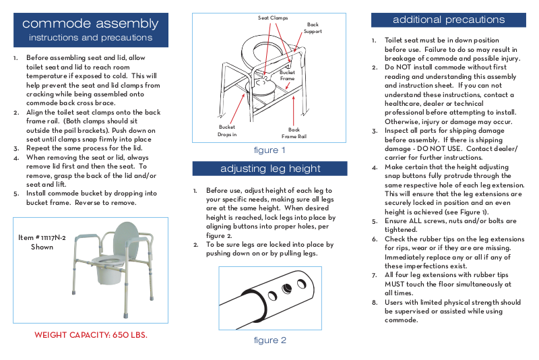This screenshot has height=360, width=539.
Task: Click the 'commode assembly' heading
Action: [90, 24]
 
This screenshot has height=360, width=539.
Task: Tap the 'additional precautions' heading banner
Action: [448, 20]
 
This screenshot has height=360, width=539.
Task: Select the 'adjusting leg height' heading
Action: [270, 169]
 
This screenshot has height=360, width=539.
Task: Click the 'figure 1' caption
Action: [269, 150]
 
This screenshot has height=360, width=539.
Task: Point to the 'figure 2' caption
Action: [269, 340]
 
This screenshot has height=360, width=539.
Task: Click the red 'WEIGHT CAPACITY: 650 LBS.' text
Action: [90, 334]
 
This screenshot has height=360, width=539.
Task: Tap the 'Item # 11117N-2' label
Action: [42, 238]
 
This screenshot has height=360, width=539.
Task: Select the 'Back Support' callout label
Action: [313, 28]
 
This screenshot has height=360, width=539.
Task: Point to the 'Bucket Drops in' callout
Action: [227, 131]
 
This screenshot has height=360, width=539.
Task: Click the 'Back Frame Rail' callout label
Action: [294, 133]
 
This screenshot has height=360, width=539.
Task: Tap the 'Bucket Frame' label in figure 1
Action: [287, 76]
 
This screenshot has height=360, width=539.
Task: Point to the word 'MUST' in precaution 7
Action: [395, 284]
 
